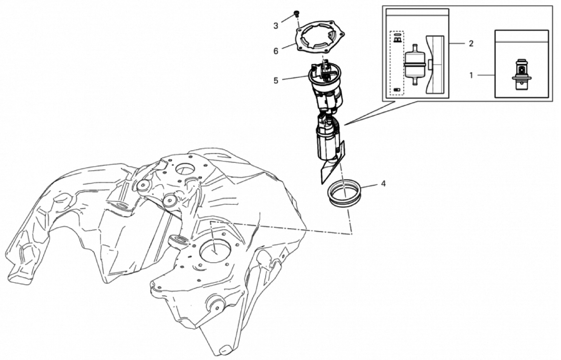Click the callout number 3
276,26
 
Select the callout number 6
276,52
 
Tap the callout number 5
276,81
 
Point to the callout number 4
383,184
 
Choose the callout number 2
471,44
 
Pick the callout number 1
471,75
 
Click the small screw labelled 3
296,14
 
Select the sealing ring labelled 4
344,193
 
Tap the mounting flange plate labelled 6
320,38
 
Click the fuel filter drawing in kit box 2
415,65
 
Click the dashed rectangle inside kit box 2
397,63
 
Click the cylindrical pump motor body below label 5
326,142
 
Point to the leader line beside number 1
486,75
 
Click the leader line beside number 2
457,44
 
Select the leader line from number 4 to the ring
368,186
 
